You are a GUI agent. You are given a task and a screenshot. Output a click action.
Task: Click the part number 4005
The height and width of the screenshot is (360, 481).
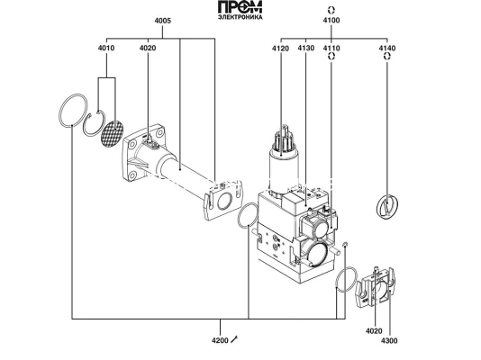click(x=162, y=21)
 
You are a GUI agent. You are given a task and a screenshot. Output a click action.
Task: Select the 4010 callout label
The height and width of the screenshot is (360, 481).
click(x=106, y=48)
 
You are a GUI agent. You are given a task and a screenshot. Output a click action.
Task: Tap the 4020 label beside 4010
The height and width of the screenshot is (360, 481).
click(x=148, y=48)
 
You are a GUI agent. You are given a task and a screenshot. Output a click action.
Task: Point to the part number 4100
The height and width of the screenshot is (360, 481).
click(x=331, y=20)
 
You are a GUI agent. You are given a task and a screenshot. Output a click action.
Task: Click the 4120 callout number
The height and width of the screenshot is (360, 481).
click(x=280, y=49)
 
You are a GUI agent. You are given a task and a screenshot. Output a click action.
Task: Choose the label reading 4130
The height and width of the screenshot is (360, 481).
click(x=306, y=48)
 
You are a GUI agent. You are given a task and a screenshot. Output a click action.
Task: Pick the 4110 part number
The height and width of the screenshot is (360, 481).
click(x=331, y=48)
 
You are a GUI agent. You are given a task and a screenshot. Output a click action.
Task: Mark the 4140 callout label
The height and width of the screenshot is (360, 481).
click(x=387, y=48)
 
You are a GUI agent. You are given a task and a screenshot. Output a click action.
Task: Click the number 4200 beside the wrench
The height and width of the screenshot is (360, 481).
click(x=220, y=340)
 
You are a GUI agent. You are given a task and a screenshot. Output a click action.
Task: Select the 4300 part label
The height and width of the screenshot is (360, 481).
click(x=389, y=341)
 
